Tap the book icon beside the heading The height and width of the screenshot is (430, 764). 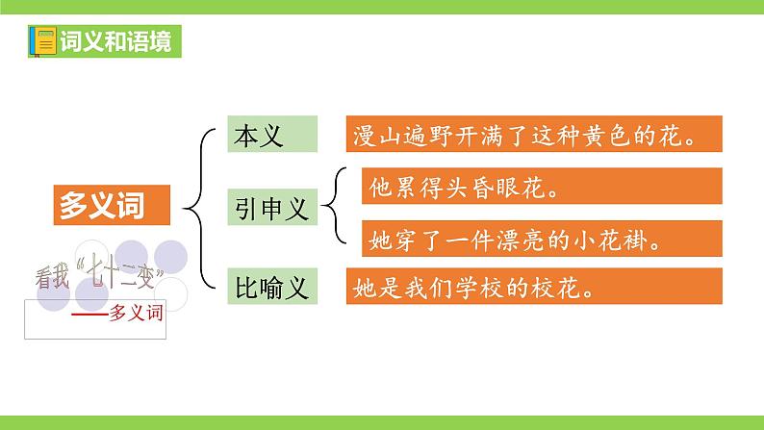(43, 42)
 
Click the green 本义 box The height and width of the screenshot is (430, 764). (272, 136)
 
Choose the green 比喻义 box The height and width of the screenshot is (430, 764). (272, 286)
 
